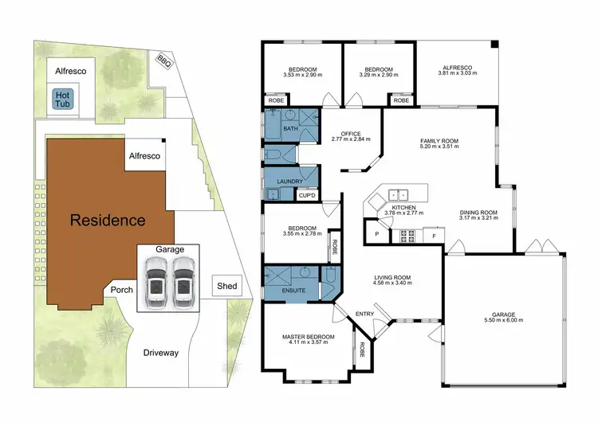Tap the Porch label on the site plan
121,290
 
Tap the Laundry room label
289,182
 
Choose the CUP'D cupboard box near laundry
307,194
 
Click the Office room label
351,134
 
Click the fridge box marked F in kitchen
433,235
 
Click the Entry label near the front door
364,314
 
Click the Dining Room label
478,213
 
